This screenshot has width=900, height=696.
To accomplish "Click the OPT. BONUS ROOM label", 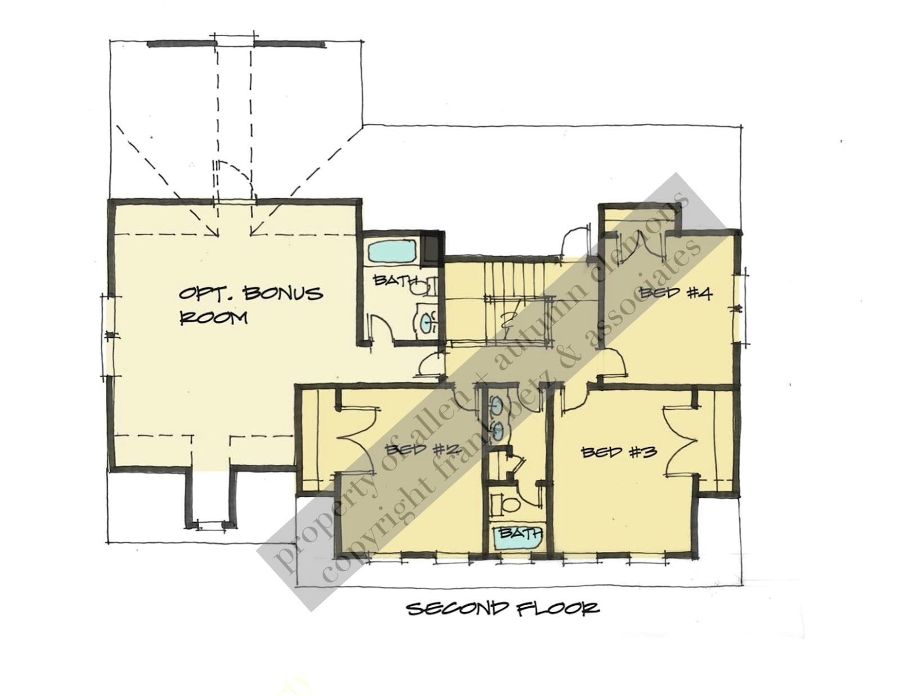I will (250, 305).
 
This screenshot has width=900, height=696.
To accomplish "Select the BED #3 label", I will (619, 452).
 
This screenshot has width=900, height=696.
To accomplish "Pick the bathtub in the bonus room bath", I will (392, 251).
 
